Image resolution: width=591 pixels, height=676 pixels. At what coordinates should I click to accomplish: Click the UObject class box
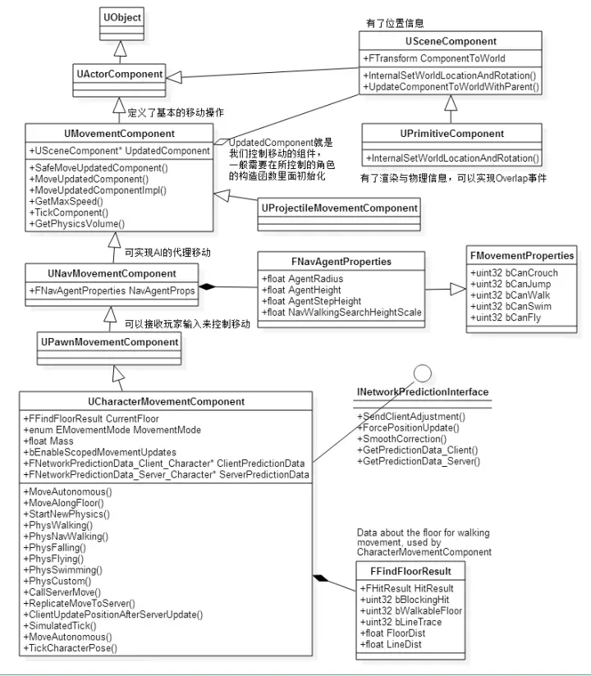pyautogui.click(x=121, y=17)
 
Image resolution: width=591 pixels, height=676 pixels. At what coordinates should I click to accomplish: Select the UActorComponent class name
pyautogui.click(x=121, y=75)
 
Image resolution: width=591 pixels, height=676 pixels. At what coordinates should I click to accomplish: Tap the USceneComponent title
pyautogui.click(x=451, y=41)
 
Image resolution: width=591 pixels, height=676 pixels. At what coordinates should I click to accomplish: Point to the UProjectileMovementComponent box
pyautogui.click(x=339, y=208)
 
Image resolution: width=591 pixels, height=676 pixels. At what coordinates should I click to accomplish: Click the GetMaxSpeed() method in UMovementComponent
pyautogui.click(x=70, y=200)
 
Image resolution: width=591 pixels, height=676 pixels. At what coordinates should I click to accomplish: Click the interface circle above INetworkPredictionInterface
pyautogui.click(x=422, y=376)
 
